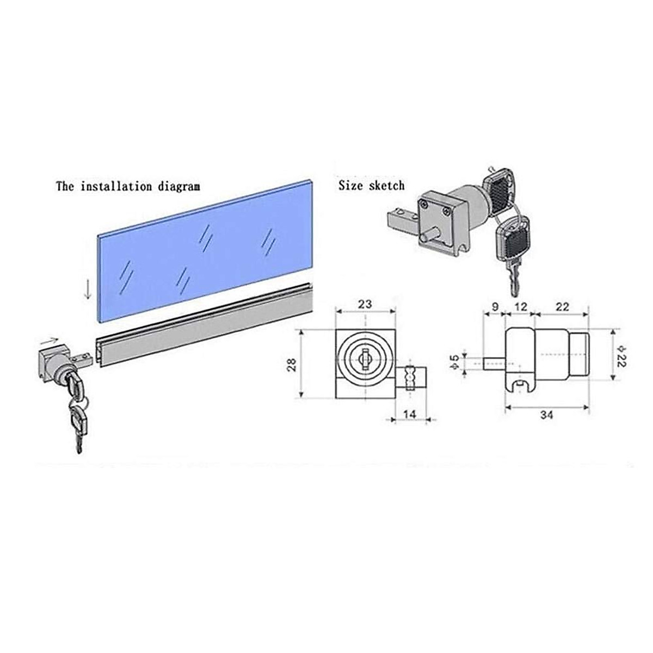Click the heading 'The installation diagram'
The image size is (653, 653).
click(x=128, y=187)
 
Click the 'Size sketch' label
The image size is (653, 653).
click(x=372, y=186)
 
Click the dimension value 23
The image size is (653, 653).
click(x=365, y=304)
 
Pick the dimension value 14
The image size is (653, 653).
click(x=410, y=415)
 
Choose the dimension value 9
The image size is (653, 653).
click(x=495, y=306)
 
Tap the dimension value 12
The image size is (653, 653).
click(x=521, y=306)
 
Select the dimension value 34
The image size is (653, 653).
click(x=547, y=415)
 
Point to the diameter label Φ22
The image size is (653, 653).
click(x=619, y=356)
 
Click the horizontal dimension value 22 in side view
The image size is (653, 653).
click(x=562, y=306)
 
